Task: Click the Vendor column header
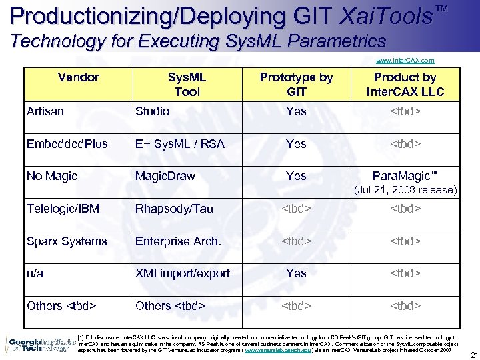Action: tap(78, 77)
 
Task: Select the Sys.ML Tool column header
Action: tap(187, 85)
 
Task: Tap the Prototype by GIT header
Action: tap(296, 85)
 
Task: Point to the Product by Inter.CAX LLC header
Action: tap(405, 85)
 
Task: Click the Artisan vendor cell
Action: tap(45, 111)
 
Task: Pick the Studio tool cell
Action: tap(153, 111)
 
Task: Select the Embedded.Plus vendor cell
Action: tap(67, 144)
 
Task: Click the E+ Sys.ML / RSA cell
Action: tap(180, 144)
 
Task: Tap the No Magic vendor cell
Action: tap(52, 176)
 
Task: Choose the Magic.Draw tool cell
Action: tap(165, 176)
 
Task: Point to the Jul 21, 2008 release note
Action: tap(405, 190)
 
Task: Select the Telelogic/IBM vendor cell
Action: tap(63, 209)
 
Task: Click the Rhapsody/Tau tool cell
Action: tap(174, 209)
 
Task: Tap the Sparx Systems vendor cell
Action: tap(67, 241)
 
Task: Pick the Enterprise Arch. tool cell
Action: tap(178, 241)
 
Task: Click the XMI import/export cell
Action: tap(183, 273)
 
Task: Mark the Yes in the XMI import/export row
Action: tap(296, 273)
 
